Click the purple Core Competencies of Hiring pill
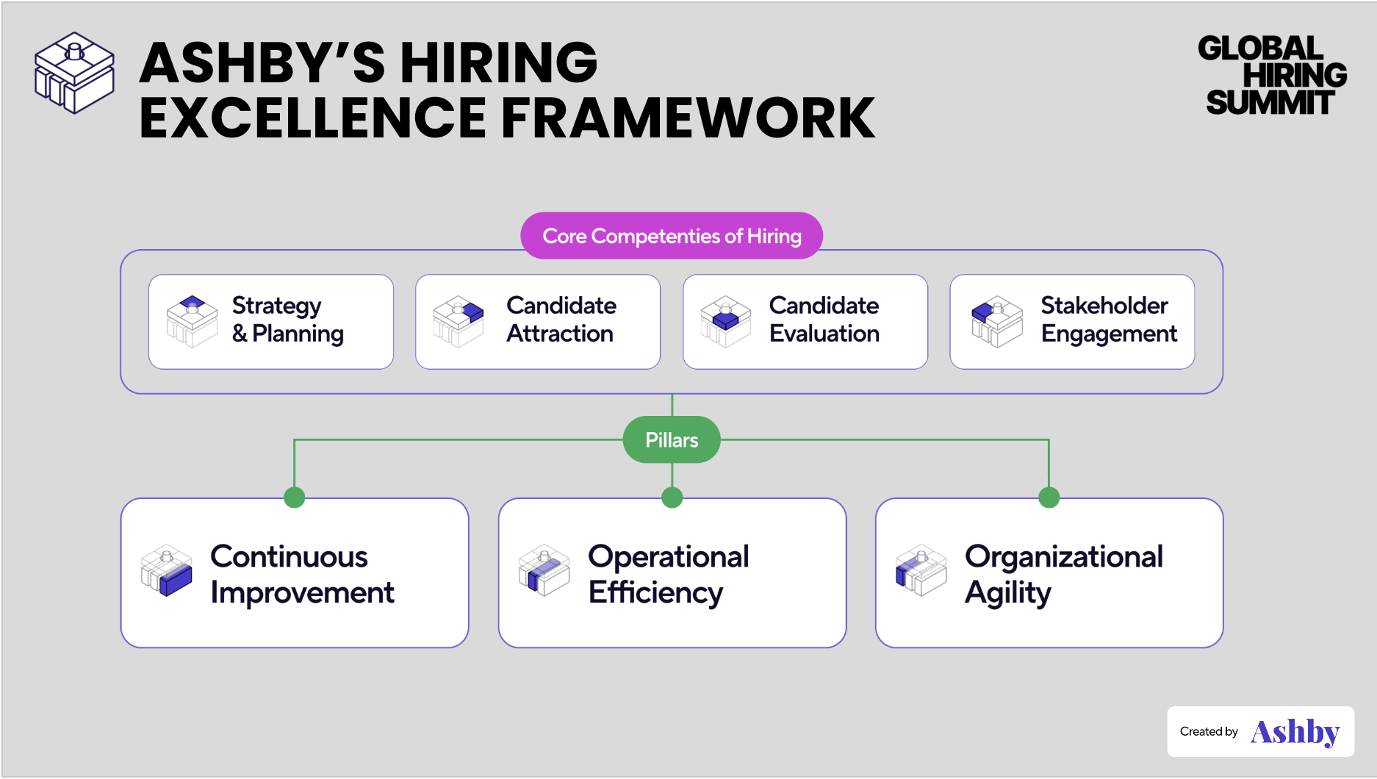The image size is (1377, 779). click(x=672, y=236)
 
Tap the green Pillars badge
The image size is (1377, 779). click(x=672, y=439)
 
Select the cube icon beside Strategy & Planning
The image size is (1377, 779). click(x=193, y=321)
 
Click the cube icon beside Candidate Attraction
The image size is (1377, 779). click(x=459, y=321)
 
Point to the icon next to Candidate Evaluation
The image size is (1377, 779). click(x=726, y=321)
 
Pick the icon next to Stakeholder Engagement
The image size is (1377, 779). click(x=997, y=321)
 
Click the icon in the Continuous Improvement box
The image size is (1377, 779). click(x=167, y=570)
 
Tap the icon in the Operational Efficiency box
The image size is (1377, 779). click(x=544, y=570)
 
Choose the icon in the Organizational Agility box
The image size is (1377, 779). click(x=921, y=570)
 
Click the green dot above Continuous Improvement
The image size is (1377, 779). click(x=295, y=498)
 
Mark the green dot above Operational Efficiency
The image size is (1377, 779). click(x=672, y=498)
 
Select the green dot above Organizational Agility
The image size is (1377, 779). click(x=1049, y=498)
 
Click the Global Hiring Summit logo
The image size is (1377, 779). click(x=1273, y=76)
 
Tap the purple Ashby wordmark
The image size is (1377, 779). click(x=1295, y=732)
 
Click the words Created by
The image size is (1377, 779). click(x=1209, y=731)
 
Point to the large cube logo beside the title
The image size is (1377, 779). click(x=74, y=73)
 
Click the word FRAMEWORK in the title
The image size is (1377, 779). click(x=688, y=118)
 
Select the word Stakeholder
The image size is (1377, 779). click(x=1104, y=305)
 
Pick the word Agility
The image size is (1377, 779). click(x=1008, y=593)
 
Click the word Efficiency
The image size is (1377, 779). click(x=655, y=593)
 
